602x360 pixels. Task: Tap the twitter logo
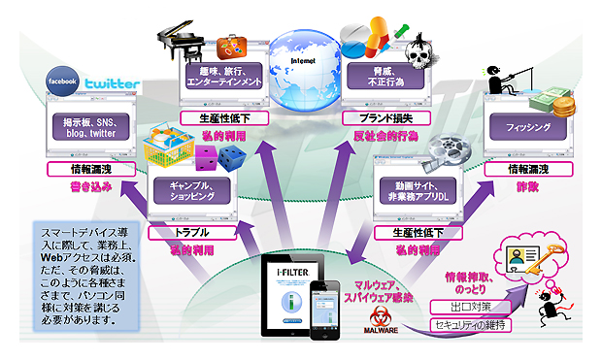111,84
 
